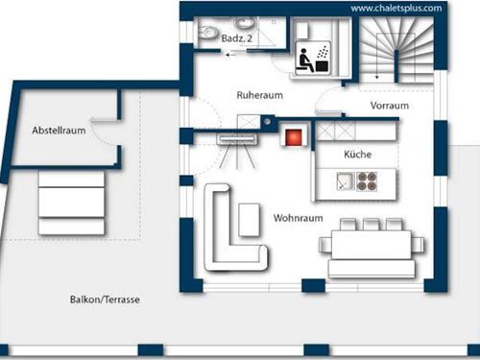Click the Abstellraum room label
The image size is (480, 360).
[59, 130]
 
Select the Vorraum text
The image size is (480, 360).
[389, 105]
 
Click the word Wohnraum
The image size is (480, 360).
[297, 217]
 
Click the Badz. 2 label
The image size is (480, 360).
[236, 37]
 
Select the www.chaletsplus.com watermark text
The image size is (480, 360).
[396, 8]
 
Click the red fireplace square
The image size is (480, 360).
[289, 135]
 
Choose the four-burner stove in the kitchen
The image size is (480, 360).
[369, 180]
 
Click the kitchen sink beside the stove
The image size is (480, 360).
[343, 180]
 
